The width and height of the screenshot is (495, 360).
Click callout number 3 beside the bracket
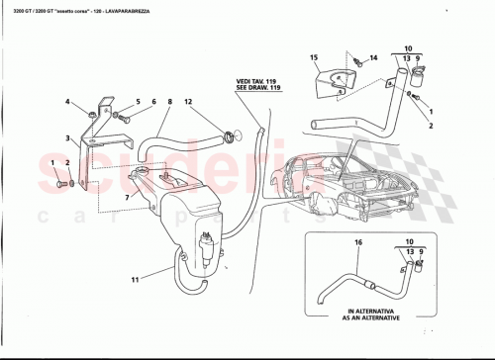coord(68,138)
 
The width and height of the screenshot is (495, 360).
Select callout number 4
coord(68,102)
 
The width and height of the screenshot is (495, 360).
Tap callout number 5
coord(138,102)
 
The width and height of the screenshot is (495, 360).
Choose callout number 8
coord(169,102)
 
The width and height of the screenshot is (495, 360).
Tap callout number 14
coord(375,59)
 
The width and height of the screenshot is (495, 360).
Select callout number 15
coord(314,60)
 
